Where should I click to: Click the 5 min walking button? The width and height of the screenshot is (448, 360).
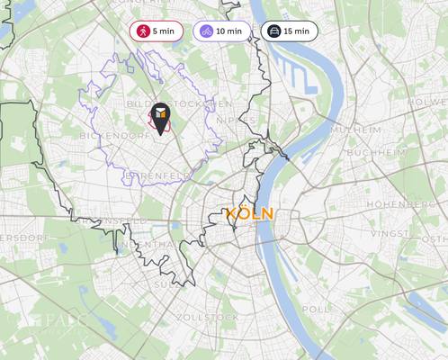click(156, 31)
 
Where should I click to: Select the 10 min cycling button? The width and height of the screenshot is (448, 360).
click(221, 31)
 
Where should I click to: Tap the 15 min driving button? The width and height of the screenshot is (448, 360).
click(289, 31)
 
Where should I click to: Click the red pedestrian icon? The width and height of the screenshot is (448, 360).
click(142, 31)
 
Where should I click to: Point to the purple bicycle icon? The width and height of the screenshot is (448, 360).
click(207, 31)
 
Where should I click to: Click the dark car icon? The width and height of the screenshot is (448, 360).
click(273, 31)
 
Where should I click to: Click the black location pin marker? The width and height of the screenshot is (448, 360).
click(160, 118)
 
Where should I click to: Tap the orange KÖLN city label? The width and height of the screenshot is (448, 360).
click(250, 214)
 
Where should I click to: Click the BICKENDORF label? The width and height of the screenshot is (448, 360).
click(114, 136)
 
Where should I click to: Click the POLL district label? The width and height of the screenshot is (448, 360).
click(316, 308)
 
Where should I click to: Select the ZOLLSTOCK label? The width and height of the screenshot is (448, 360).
click(208, 318)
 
